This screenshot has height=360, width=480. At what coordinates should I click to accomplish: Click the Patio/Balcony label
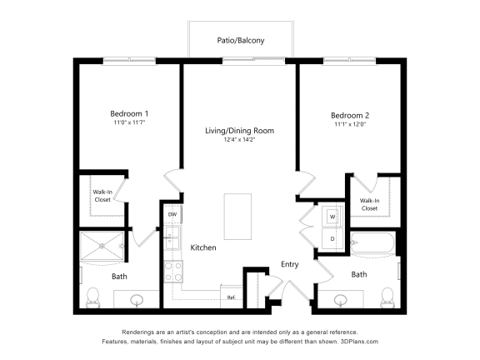click(x=241, y=40)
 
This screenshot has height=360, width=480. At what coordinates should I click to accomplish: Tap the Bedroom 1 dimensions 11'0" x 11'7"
click(x=129, y=122)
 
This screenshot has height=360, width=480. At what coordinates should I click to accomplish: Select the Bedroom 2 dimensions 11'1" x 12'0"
click(x=350, y=124)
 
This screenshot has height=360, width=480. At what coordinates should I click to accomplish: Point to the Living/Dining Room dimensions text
click(x=239, y=140)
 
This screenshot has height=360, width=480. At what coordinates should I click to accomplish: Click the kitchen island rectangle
click(x=237, y=217)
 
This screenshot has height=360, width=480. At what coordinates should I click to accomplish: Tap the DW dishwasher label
click(x=172, y=214)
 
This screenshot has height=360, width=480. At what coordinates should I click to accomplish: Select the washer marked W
click(x=332, y=217)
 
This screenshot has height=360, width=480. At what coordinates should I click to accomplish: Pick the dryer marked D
click(x=332, y=238)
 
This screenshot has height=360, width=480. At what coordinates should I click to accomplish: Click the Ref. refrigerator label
click(x=231, y=297)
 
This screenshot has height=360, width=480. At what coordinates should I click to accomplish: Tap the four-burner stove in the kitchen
click(x=173, y=272)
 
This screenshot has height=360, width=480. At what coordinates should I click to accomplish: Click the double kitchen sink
click(x=172, y=237)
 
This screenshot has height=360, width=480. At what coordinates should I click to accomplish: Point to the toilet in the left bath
click(x=92, y=297)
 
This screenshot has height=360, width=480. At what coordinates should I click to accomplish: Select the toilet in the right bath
click(x=387, y=297)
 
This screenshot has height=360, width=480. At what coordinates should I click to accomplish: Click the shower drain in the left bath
click(x=102, y=246)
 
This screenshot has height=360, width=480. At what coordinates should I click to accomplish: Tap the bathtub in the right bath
click(x=373, y=242)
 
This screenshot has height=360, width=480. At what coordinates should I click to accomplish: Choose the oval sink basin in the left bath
click(x=137, y=299)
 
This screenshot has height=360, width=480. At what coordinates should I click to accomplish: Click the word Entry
click(x=290, y=264)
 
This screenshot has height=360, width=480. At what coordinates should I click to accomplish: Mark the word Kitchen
click(x=203, y=247)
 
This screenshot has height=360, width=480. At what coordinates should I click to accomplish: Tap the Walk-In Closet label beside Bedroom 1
click(x=102, y=196)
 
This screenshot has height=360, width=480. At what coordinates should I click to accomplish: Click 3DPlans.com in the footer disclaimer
click(x=359, y=342)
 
